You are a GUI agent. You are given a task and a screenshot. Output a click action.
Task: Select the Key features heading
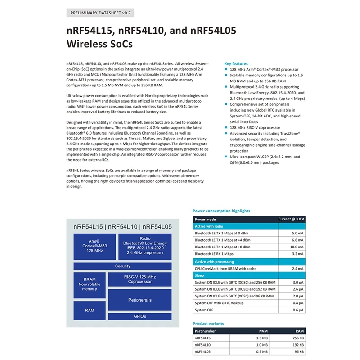pyautogui.click(x=236, y=64)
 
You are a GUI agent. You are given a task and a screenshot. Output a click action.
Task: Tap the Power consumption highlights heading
pyautogui.click(x=221, y=211)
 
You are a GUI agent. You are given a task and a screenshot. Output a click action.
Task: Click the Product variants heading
pyautogui.click(x=208, y=324)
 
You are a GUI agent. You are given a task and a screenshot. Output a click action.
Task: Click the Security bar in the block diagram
pyautogui.click(x=122, y=266)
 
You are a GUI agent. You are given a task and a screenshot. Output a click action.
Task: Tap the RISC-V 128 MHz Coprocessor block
pyautogui.click(x=139, y=279)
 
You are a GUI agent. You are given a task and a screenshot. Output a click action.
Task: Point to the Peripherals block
pyautogui.click(x=139, y=300)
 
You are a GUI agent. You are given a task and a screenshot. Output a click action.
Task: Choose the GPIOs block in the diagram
pyautogui.click(x=139, y=317)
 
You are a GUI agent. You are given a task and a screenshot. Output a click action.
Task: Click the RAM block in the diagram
pyautogui.click(x=89, y=310)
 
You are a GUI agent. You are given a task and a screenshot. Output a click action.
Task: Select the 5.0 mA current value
pyautogui.click(x=298, y=234)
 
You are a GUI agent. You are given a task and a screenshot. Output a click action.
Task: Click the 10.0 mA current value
pyautogui.click(x=297, y=247)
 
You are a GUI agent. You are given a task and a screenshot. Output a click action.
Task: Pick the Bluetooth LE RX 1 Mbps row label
pyautogui.click(x=217, y=254)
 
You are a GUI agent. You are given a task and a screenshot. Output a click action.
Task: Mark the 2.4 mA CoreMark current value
pyautogui.click(x=298, y=268)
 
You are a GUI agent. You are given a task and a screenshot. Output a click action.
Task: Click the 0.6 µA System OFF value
pyautogui.click(x=298, y=310)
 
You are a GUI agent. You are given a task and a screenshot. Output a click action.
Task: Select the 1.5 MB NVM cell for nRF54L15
pyautogui.click(x=261, y=337)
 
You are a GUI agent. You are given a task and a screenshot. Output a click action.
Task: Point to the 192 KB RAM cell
pyautogui.click(x=297, y=344)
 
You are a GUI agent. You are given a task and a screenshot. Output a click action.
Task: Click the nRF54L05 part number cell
pyautogui.click(x=203, y=351)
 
